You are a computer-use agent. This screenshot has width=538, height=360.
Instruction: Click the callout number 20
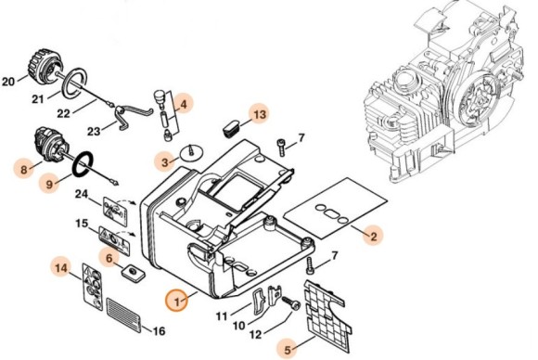point(8,82)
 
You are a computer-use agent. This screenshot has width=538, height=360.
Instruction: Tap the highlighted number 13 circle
point(260,114)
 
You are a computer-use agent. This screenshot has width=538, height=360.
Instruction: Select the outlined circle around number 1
point(176,300)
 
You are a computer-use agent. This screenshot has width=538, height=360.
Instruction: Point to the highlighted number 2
point(374,236)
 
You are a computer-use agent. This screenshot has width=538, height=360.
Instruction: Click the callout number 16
point(159,331)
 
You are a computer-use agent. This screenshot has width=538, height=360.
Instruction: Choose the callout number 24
point(82,194)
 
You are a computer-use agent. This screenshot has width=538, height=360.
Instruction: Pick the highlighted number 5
point(288,350)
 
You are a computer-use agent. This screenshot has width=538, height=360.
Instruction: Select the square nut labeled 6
point(132,273)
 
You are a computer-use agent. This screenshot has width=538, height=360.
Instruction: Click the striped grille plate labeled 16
point(124,315)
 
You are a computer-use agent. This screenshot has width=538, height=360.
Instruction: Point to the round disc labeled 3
point(192,153)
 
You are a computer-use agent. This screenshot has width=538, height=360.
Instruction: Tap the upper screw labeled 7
point(281,147)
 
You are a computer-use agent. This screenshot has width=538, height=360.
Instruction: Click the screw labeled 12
point(291,303)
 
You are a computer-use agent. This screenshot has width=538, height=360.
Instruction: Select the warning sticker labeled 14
point(93,287)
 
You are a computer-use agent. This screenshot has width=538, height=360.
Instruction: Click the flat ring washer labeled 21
point(74,83)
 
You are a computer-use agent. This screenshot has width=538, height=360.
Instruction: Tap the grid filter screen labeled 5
point(327,313)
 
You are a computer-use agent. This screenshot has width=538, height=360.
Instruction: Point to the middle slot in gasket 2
point(332,213)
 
